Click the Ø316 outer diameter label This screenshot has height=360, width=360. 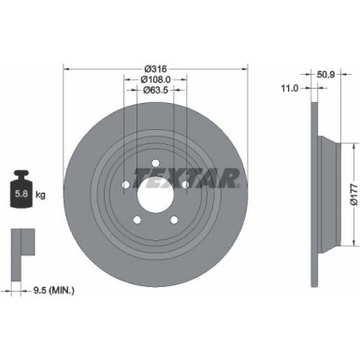156,68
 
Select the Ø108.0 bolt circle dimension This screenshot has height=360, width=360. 156,79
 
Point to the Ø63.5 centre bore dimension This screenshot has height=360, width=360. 156,92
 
